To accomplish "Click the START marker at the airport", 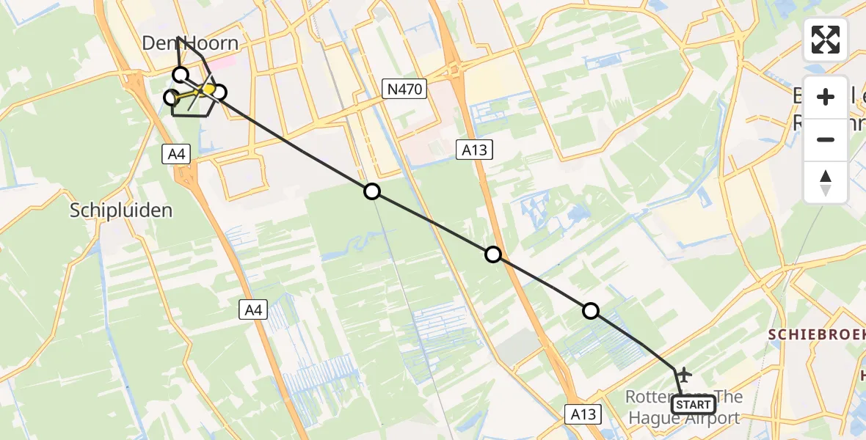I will (x=694, y=404).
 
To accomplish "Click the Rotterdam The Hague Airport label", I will (x=683, y=407).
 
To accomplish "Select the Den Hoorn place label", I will (x=190, y=43).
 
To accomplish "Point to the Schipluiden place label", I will (x=121, y=210).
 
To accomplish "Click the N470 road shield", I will (x=404, y=89).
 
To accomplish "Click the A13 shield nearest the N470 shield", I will (x=474, y=150).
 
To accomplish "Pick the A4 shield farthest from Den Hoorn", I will (x=253, y=310).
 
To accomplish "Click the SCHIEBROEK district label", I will (x=816, y=334).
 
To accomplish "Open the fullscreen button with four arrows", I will (x=826, y=40).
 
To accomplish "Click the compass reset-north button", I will (x=826, y=183).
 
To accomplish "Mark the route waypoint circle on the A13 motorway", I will (x=493, y=254).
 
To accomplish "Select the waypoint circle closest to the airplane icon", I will (x=590, y=311).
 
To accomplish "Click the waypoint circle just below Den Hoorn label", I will (x=180, y=74).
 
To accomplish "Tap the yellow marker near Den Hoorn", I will (x=208, y=89).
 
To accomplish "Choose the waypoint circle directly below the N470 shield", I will (x=372, y=191).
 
